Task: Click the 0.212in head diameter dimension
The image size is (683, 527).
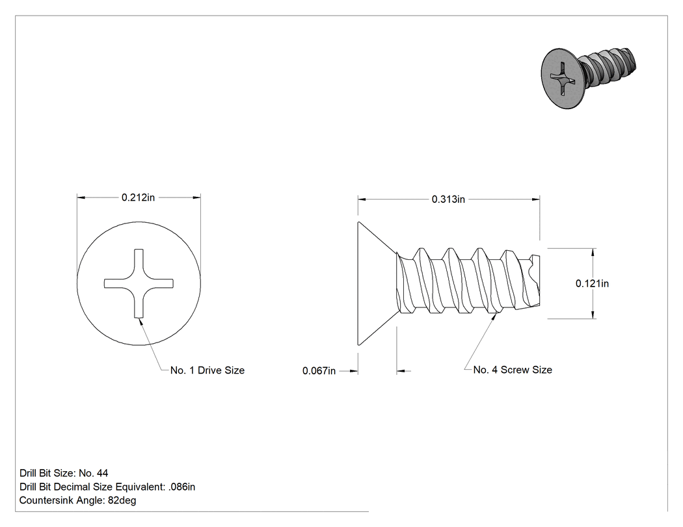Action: [138, 198]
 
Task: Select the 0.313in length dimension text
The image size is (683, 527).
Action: [448, 199]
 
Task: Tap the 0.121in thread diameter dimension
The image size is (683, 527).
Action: [592, 283]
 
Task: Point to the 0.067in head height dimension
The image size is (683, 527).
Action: [319, 371]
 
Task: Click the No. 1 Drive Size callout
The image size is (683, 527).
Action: [208, 370]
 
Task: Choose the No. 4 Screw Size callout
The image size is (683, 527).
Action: [513, 370]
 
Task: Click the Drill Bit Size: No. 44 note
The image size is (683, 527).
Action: [64, 473]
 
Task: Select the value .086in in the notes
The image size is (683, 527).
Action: [181, 487]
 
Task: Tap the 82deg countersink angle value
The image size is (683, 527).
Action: [122, 500]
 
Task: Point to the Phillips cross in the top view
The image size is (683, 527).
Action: [139, 283]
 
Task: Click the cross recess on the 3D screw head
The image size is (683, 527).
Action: [561, 79]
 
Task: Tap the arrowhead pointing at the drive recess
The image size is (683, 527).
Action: [140, 321]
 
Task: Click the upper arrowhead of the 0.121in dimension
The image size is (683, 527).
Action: [593, 252]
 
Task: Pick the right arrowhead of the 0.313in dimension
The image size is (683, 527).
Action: [536, 199]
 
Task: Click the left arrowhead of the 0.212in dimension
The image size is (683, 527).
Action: [81, 198]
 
